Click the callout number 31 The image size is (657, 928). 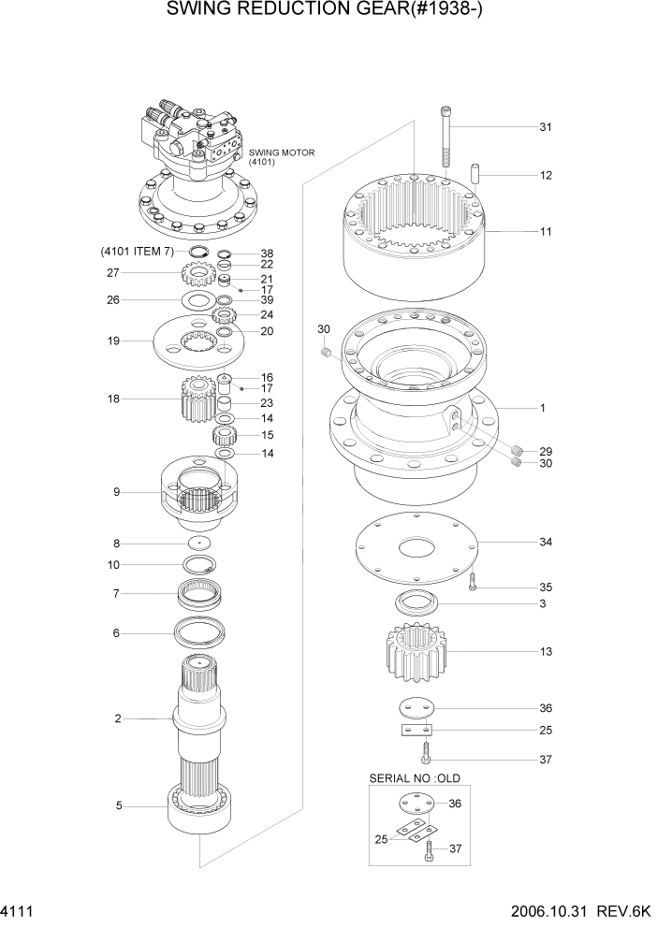(x=546, y=127)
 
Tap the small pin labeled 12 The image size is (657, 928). (x=475, y=175)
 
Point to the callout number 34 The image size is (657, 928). (x=546, y=543)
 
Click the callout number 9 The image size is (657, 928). (x=116, y=491)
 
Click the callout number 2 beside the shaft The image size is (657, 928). (x=118, y=718)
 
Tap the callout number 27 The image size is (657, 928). (x=113, y=273)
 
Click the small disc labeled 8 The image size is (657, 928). (x=199, y=543)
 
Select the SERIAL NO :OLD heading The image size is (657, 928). (x=415, y=778)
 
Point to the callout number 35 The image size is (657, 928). (x=546, y=587)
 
